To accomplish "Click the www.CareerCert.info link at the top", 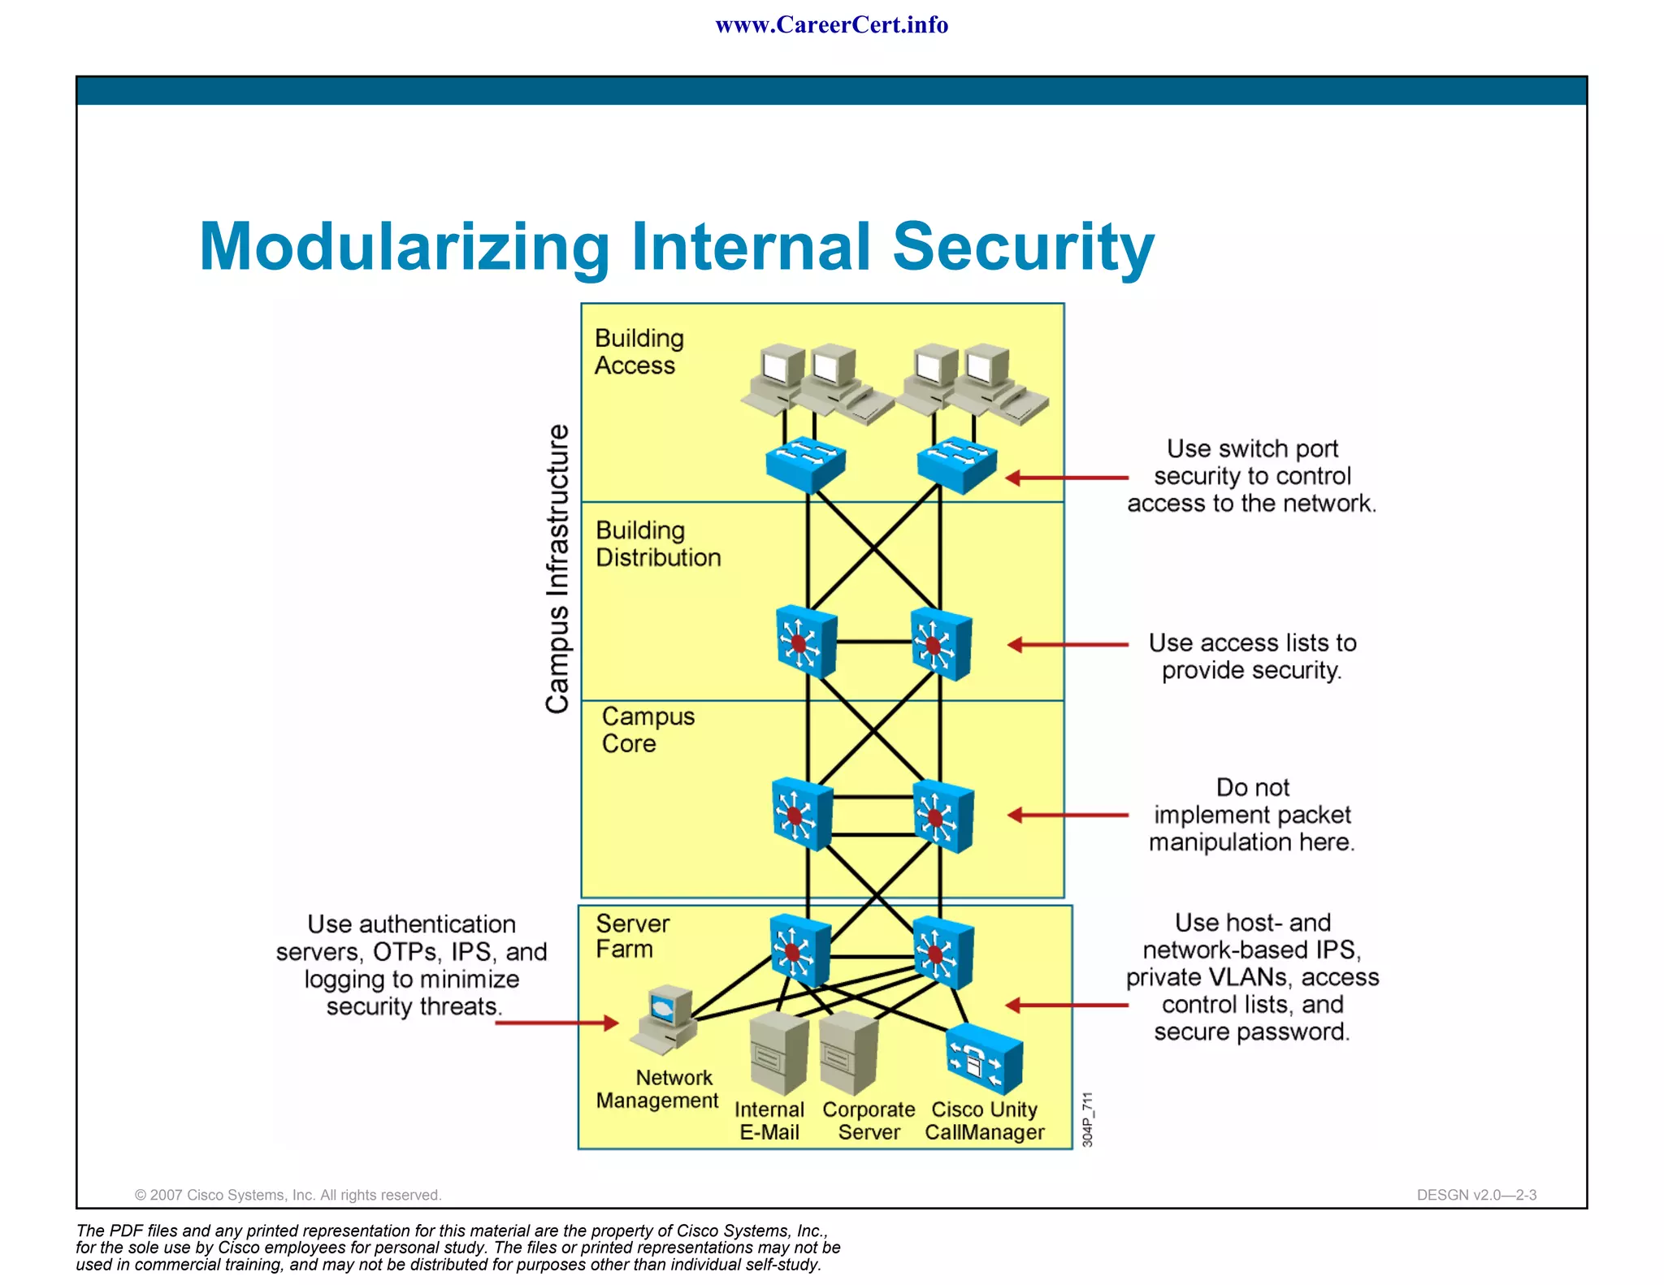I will (831, 24).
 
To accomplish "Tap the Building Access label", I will (639, 352).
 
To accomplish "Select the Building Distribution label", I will (657, 543).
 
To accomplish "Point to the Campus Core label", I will (647, 729).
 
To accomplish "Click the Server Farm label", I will (632, 936).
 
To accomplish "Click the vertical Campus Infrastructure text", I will (557, 569).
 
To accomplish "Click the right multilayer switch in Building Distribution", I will (940, 643).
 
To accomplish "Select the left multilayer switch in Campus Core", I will (802, 814).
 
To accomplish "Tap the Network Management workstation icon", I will (665, 1020).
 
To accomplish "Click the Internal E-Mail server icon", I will (778, 1053).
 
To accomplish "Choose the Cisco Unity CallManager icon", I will (984, 1058).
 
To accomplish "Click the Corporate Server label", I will (869, 1120).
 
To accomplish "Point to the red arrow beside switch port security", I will (1066, 478).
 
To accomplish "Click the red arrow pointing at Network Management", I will (557, 1023).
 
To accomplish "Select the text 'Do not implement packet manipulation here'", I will (1251, 814).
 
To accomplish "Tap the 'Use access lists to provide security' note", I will (1251, 656).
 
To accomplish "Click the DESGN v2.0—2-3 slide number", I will (1475, 1195).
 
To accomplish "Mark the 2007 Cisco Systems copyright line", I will (288, 1195).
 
